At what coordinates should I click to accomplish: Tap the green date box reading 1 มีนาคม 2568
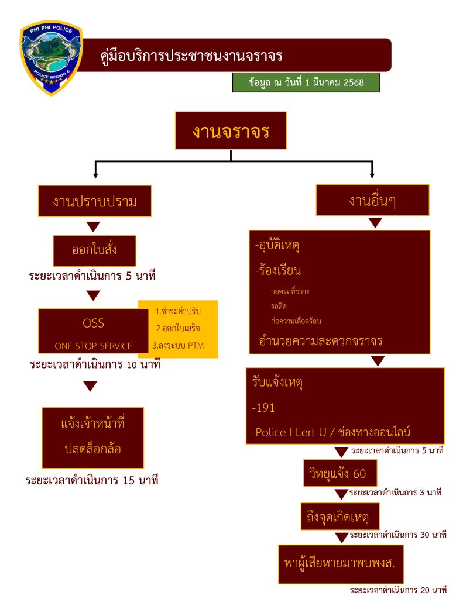coord(306,82)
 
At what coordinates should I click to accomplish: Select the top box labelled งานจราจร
coord(231,130)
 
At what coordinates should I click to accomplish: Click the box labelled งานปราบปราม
coord(95,202)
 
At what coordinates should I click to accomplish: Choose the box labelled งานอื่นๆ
coord(372,201)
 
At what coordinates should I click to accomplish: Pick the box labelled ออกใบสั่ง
coord(95,250)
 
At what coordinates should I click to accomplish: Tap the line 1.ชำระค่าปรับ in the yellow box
coord(178,311)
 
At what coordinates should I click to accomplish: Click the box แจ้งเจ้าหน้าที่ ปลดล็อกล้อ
coord(93,436)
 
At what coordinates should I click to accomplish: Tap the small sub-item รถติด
coord(279,305)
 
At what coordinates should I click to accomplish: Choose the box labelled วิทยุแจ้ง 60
coord(339,473)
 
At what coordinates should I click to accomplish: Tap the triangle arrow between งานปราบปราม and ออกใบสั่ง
coord(93,227)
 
